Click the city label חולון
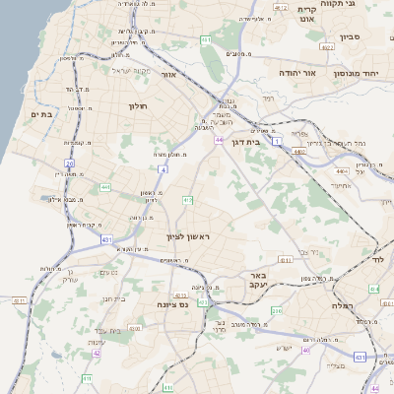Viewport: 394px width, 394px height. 137,105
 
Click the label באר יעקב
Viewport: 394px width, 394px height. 259,280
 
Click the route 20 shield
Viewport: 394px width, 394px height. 69,163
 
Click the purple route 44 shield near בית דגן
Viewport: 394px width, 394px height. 221,140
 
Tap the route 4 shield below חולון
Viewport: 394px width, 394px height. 164,169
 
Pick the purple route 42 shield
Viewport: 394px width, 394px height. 97,353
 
